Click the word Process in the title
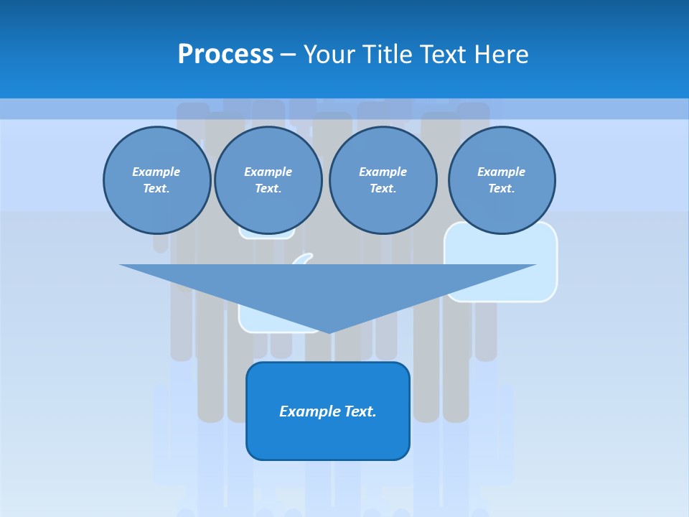[x=225, y=55]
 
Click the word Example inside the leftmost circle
[x=156, y=172]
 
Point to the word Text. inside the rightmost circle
[x=501, y=189]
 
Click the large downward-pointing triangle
[x=328, y=287]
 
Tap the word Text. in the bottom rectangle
[x=361, y=411]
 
